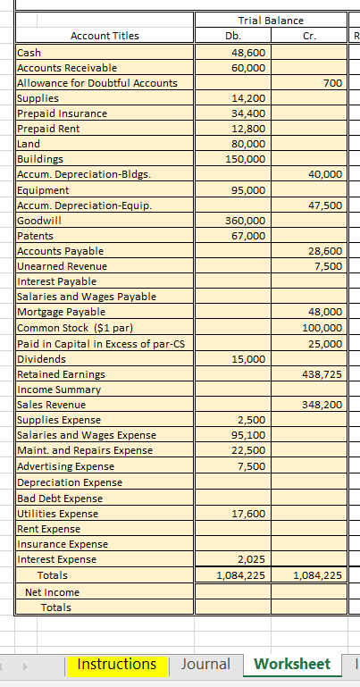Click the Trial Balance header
click(x=271, y=20)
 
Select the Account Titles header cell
click(x=105, y=36)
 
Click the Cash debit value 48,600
click(x=247, y=53)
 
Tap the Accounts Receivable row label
click(x=67, y=68)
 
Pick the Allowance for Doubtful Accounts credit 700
click(x=332, y=83)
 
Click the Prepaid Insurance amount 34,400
click(x=247, y=113)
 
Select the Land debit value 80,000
click(x=247, y=144)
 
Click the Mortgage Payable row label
click(x=62, y=312)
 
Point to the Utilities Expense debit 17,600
click(x=247, y=514)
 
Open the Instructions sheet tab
click(x=117, y=664)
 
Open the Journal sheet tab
click(x=205, y=664)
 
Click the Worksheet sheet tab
click(x=292, y=664)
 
